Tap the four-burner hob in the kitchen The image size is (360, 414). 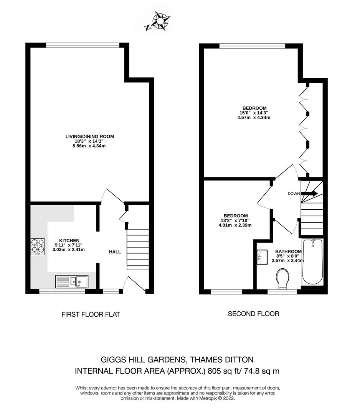point(38,247)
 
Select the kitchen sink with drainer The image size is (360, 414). point(72,282)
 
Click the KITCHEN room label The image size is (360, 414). point(69,240)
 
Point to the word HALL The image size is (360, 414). point(115,252)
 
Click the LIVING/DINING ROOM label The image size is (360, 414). point(89,136)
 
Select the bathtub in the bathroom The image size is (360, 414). point(313,262)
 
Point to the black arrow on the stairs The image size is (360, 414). point(310,194)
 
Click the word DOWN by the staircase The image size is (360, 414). point(294,194)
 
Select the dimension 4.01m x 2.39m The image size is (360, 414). point(235,225)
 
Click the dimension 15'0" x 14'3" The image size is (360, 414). point(254,113)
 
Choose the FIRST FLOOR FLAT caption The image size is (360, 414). point(91,314)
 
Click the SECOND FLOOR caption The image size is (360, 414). point(253,314)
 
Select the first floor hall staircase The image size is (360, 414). point(137,249)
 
